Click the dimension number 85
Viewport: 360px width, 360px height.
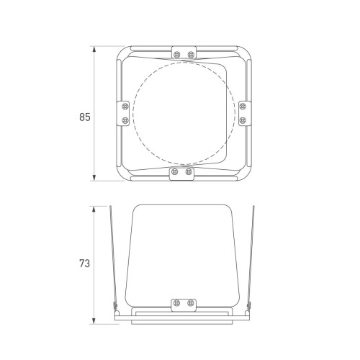pos(85,117)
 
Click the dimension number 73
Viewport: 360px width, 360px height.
pos(84,264)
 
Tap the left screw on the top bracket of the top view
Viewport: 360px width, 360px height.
pos(177,55)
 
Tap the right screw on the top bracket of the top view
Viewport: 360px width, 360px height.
pos(191,55)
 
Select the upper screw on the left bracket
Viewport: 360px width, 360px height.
pos(125,106)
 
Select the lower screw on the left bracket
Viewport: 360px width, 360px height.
pos(125,120)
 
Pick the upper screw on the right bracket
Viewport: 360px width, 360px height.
pos(243,106)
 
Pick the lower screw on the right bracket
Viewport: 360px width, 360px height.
pos(243,120)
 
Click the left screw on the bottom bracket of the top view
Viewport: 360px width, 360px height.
pos(175,171)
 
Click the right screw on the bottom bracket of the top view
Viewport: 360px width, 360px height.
pos(189,171)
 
